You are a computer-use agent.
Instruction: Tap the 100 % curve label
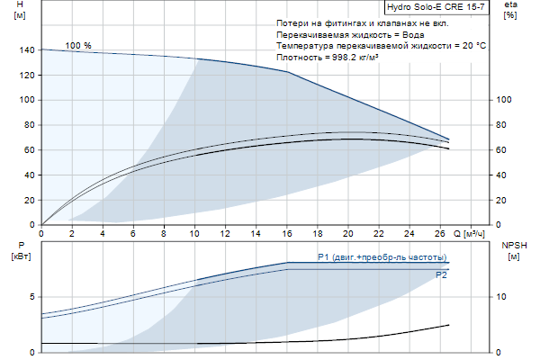(78, 45)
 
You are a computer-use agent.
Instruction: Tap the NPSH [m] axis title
(512, 250)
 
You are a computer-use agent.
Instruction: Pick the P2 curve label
(441, 274)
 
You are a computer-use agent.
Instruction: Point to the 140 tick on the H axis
(25, 50)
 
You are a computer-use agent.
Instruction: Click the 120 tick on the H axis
(25, 76)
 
